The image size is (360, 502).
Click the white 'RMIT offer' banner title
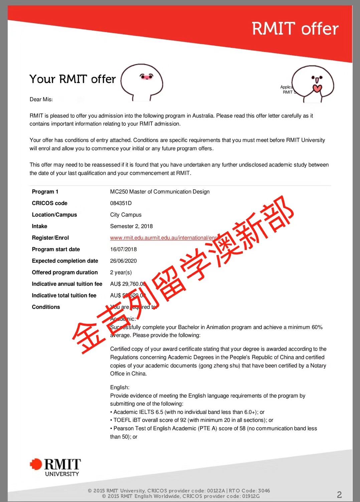tap(295, 28)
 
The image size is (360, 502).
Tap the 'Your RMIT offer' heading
tap(72, 79)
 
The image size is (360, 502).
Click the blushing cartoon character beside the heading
tap(142, 82)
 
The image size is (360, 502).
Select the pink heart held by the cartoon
tap(317, 88)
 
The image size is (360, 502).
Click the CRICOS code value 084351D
tap(121, 203)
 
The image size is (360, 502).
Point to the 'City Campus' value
tap(126, 215)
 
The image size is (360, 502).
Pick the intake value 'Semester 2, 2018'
tap(131, 226)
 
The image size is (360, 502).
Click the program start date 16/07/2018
tap(123, 249)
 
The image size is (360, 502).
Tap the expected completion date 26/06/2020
tap(123, 261)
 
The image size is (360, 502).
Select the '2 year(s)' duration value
tap(121, 272)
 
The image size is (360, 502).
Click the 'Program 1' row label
tap(45, 192)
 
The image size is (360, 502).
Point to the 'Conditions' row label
tap(46, 307)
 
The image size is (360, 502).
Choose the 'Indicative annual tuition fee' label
tap(67, 284)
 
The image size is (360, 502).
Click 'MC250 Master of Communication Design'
tap(160, 192)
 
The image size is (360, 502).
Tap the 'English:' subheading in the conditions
tap(120, 387)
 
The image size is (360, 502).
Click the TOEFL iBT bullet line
tap(193, 420)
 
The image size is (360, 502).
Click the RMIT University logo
tap(55, 467)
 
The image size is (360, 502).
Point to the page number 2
tap(339, 494)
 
